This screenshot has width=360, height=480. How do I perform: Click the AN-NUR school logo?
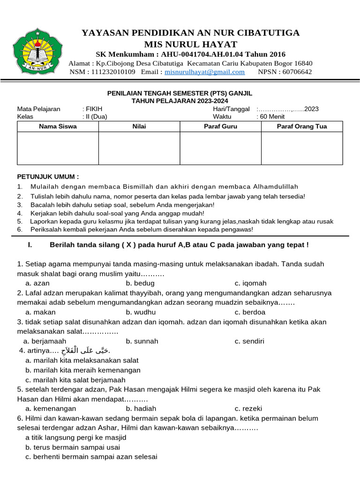click(37, 51)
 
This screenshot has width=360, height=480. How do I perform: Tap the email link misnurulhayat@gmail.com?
click(205, 72)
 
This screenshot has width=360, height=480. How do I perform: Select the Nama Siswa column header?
click(58, 127)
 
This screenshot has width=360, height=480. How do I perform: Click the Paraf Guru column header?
click(220, 127)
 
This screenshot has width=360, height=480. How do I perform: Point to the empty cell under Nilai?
click(139, 148)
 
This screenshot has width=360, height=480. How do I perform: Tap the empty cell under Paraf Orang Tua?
click(302, 148)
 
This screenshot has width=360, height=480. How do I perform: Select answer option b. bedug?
click(140, 283)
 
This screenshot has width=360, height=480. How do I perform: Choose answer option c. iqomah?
click(251, 283)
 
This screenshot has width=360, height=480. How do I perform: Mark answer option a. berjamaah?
click(45, 341)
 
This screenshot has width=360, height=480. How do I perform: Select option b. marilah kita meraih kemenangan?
click(83, 370)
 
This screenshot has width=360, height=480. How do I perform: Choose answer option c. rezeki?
click(249, 409)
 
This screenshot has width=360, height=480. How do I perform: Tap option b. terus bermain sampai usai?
click(73, 447)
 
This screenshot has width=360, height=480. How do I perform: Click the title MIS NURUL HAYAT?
click(190, 45)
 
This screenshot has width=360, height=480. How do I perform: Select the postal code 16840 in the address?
click(303, 63)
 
